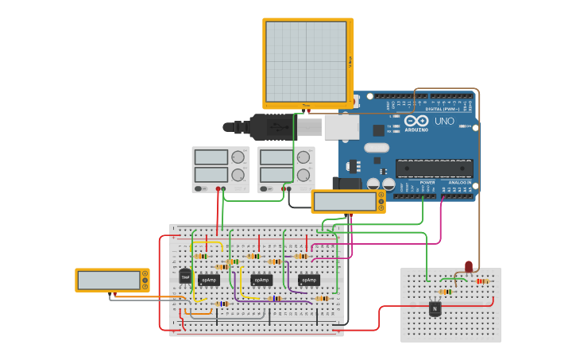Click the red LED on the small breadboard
tap(469, 266)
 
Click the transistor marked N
tap(435, 308)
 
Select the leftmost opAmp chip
tap(209, 280)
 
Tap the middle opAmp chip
tap(261, 280)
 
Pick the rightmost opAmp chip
tap(309, 280)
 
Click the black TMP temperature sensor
tap(185, 277)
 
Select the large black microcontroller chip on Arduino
tap(434, 168)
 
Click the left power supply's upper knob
tap(238, 157)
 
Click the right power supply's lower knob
tap(303, 174)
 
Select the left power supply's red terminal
tap(218, 189)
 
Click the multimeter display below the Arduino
tap(345, 202)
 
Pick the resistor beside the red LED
tap(482, 281)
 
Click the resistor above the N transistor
tap(445, 292)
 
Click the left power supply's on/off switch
tap(203, 189)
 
